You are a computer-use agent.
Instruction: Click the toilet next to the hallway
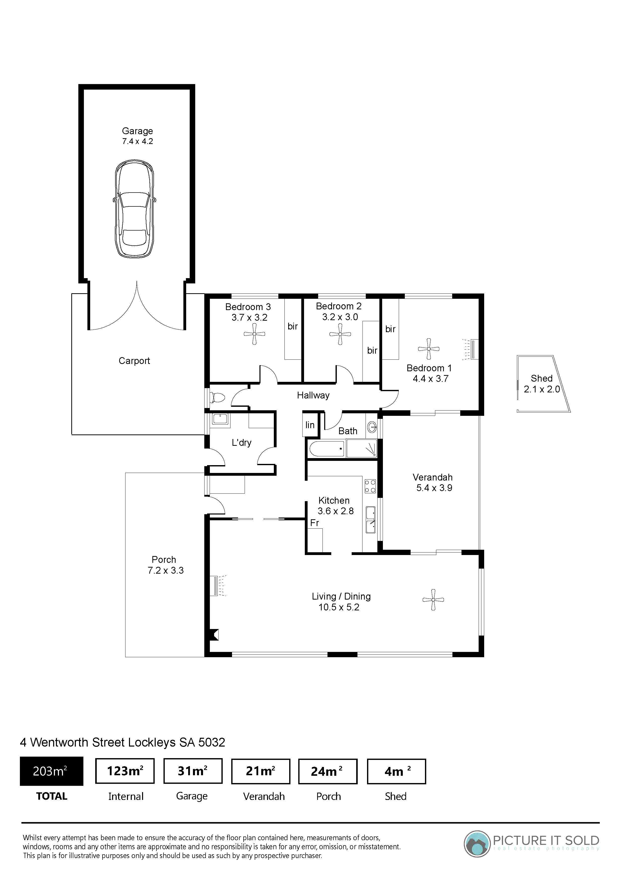(x=217, y=397)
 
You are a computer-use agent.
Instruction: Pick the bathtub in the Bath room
(x=327, y=449)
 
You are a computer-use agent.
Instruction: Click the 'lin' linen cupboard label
(x=310, y=425)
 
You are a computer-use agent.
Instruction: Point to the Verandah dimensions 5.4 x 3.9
(x=434, y=488)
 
